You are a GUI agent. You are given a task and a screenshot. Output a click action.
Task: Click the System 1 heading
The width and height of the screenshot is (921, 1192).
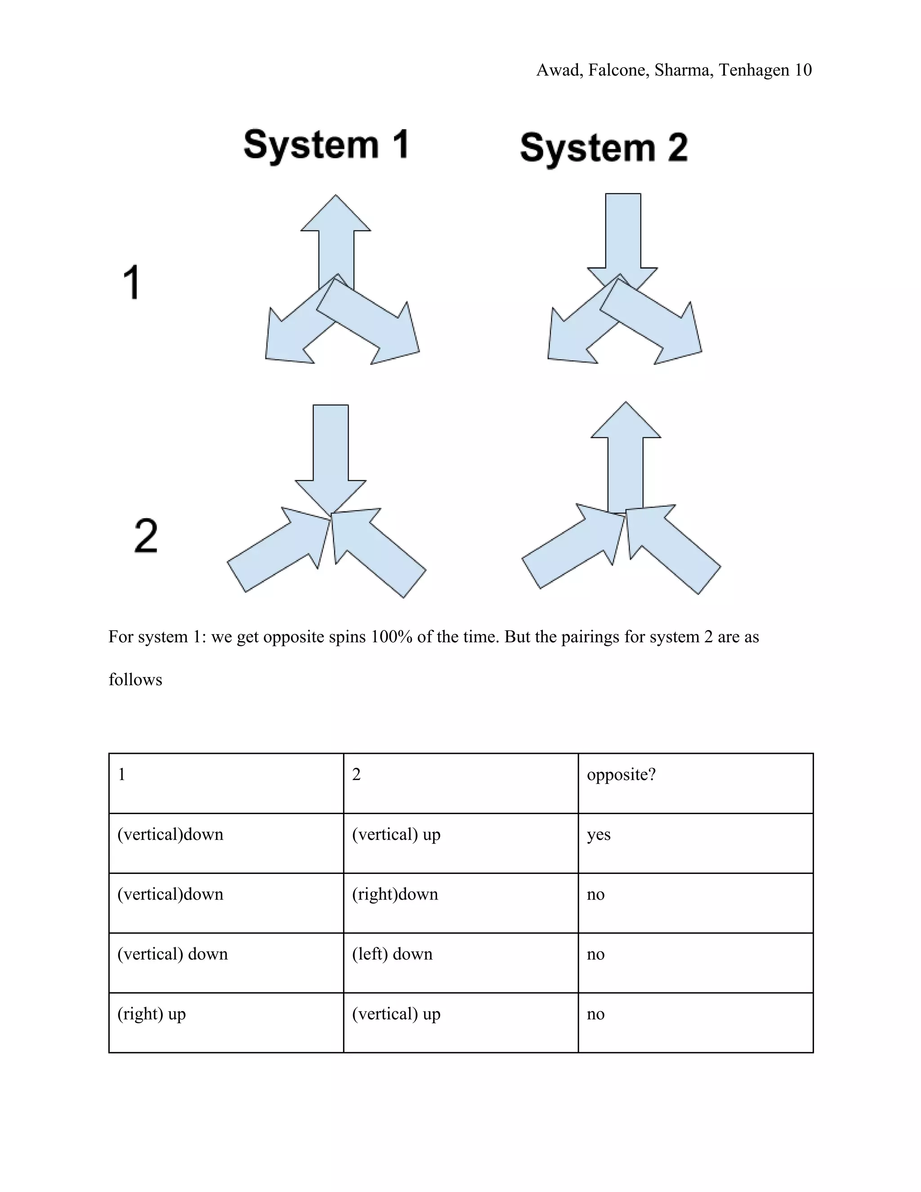click(x=326, y=145)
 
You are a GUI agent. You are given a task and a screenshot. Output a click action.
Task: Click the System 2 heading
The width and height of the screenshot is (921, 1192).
click(x=604, y=148)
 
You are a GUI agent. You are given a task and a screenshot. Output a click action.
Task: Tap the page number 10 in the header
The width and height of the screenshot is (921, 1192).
click(x=803, y=70)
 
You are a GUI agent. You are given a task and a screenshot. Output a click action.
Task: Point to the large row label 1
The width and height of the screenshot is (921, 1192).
click(x=131, y=282)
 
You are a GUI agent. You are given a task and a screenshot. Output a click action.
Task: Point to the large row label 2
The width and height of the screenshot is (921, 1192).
click(x=146, y=536)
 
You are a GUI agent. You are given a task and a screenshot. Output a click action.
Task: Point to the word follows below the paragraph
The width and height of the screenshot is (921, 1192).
click(x=135, y=680)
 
